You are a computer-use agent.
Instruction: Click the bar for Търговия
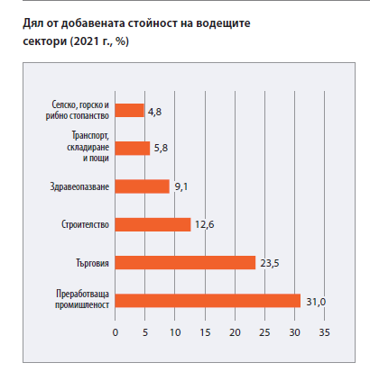click(185, 263)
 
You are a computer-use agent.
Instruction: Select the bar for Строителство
click(153, 224)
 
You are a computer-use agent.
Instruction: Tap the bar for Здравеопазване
click(143, 186)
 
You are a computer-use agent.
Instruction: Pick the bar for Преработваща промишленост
click(208, 301)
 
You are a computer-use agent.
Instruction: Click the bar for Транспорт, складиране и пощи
click(133, 149)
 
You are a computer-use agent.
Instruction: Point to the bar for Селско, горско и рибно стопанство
click(130, 111)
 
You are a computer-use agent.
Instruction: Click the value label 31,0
click(316, 302)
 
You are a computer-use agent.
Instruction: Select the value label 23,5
click(270, 263)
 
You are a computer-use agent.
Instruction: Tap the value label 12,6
click(205, 224)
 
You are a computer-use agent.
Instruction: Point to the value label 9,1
click(181, 186)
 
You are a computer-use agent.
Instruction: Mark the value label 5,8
click(161, 148)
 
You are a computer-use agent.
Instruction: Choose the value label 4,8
click(154, 112)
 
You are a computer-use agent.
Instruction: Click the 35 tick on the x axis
click(324, 332)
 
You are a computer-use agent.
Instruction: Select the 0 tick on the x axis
click(116, 332)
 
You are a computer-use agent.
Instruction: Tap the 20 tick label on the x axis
click(235, 332)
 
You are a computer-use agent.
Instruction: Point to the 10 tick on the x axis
click(175, 332)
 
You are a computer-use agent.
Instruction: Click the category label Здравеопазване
click(79, 186)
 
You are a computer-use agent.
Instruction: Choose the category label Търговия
click(92, 263)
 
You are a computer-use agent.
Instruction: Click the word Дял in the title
click(33, 23)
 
